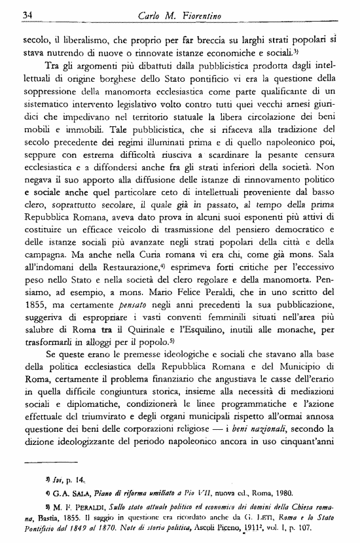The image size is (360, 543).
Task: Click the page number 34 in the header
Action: pyautogui.click(x=28, y=15)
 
